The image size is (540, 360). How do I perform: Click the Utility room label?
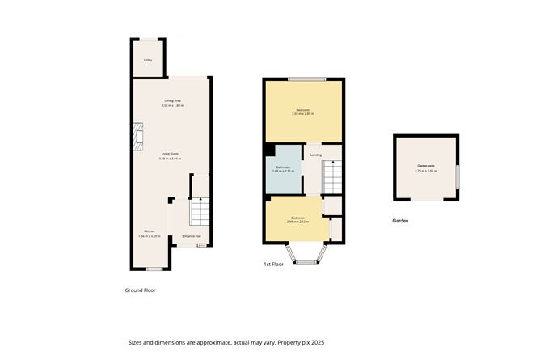click(148, 60)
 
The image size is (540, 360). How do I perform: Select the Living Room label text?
click(170, 154)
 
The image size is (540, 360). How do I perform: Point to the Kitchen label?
click(150, 231)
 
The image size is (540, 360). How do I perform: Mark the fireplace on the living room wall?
click(138, 136)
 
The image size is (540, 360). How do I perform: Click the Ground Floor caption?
click(139, 290)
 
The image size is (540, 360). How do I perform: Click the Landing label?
click(316, 155)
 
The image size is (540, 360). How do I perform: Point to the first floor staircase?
click(332, 176)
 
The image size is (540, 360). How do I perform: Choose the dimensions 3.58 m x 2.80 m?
click(303, 114)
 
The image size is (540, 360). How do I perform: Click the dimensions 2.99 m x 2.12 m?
click(298, 222)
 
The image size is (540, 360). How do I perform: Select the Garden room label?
click(426, 166)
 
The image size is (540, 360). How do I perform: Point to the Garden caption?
click(401, 221)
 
